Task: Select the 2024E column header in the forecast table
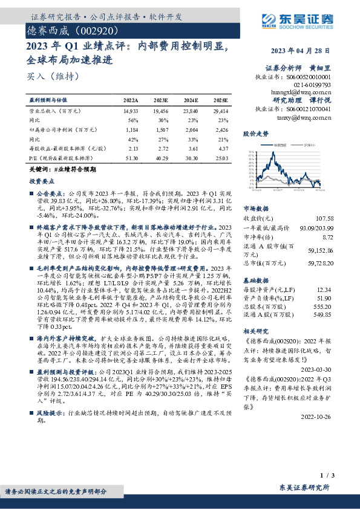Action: click(x=190, y=100)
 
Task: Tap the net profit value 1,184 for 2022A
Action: click(x=131, y=129)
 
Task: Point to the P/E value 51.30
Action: click(x=131, y=157)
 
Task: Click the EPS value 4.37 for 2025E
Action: click(x=223, y=148)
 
